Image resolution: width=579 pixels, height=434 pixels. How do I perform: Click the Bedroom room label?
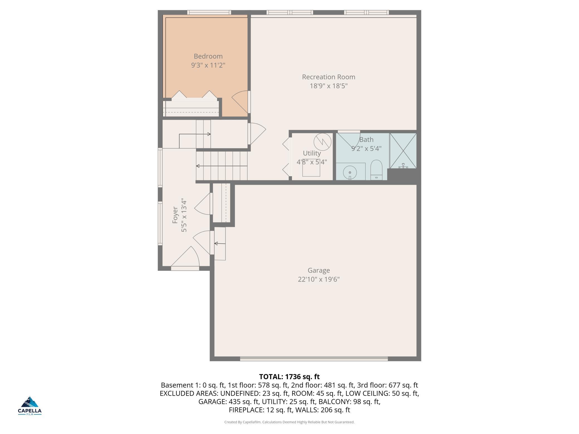pyautogui.click(x=208, y=56)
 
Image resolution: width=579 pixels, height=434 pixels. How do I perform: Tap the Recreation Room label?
pyautogui.click(x=328, y=77)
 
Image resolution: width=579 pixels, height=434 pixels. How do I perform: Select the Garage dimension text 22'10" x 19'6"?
pyautogui.click(x=319, y=279)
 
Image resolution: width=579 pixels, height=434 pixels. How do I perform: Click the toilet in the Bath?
pyautogui.click(x=376, y=170)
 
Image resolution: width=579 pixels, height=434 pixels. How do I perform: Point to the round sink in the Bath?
pyautogui.click(x=350, y=172)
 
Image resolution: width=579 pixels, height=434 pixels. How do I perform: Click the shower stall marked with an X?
pyautogui.click(x=403, y=151)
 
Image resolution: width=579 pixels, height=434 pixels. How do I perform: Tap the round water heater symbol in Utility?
pyautogui.click(x=323, y=142)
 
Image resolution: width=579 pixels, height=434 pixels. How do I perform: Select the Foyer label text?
pyautogui.click(x=175, y=215)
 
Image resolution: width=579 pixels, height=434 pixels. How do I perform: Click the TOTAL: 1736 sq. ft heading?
pyautogui.click(x=289, y=377)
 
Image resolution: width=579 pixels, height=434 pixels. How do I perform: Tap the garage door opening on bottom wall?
pyautogui.click(x=314, y=359)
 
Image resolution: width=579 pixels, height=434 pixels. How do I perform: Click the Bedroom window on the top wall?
pyautogui.click(x=209, y=12)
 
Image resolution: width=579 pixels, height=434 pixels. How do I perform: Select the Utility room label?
pyautogui.click(x=312, y=153)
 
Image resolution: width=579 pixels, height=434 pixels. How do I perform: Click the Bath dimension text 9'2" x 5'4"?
pyautogui.click(x=366, y=148)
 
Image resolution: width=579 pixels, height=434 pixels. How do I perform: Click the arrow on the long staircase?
pyautogui.click(x=222, y=166)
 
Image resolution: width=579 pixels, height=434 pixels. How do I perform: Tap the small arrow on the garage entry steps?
pyautogui.click(x=220, y=244)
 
